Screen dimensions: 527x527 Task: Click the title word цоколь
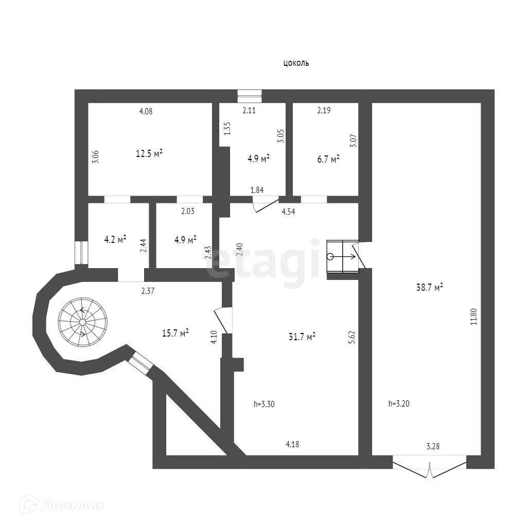[x=296, y=63]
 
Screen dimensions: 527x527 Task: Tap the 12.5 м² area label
[x=149, y=153]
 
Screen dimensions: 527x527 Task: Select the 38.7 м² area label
[x=430, y=288]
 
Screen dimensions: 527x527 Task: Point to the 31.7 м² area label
[x=302, y=337]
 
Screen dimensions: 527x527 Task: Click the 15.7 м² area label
[x=175, y=333]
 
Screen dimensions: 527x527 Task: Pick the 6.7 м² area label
[x=327, y=160]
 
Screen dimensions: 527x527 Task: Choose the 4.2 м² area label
[x=115, y=239]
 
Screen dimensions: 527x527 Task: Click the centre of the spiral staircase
[x=82, y=322]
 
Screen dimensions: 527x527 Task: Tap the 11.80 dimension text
[x=474, y=315]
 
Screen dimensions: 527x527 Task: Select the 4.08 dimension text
[x=146, y=111]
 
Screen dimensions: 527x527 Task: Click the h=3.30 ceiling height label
[x=264, y=404]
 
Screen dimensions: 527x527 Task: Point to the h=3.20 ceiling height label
[x=399, y=404]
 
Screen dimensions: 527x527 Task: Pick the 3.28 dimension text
[x=433, y=446]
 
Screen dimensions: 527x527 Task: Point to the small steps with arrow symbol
[x=342, y=256]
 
